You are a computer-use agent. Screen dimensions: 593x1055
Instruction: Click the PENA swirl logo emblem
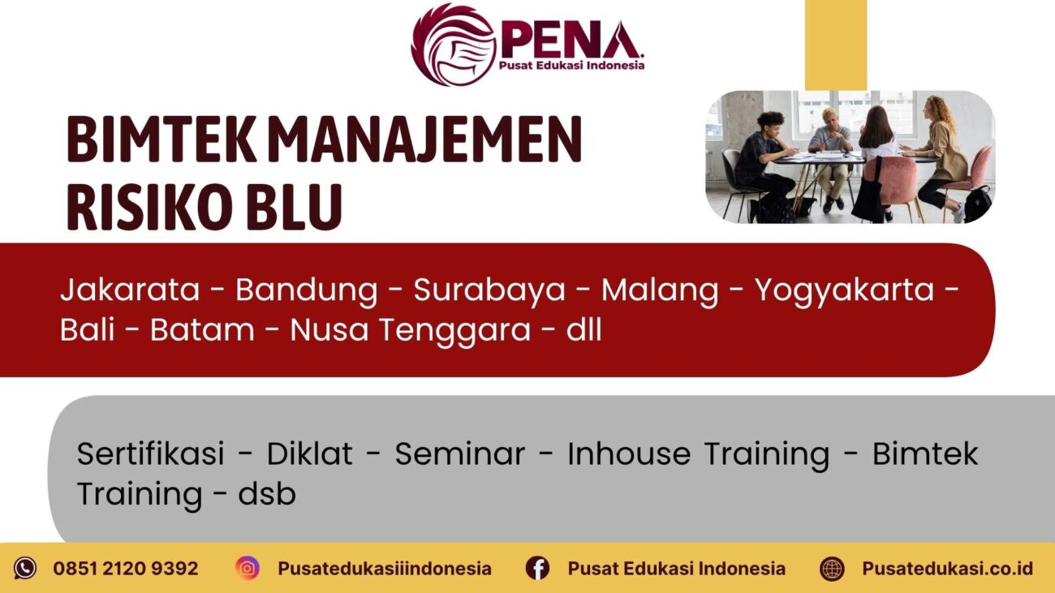pos(454,44)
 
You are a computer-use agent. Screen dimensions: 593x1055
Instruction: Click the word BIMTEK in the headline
pos(162,140)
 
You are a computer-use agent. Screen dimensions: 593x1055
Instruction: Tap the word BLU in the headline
pos(297,206)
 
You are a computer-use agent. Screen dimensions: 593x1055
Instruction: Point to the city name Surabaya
pos(489,290)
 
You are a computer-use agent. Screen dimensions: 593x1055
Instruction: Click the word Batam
pos(201,331)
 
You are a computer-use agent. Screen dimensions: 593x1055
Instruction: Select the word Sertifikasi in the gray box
pos(150,454)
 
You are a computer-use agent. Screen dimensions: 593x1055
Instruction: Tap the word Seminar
pos(459,454)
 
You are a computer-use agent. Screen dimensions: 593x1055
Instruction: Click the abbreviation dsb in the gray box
pos(267,494)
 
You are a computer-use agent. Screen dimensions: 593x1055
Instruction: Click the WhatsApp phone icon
pos(25,568)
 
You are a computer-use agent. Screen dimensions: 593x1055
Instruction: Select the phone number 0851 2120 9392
pos(126,569)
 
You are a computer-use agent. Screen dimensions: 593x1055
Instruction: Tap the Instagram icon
pos(248,568)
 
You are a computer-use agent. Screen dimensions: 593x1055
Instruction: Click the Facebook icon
pos(537,568)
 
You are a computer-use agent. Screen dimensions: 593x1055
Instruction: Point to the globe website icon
pos(832,568)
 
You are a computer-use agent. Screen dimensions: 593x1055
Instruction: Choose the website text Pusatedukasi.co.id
pos(947,569)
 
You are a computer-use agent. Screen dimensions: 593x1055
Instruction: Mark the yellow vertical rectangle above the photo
pos(835,44)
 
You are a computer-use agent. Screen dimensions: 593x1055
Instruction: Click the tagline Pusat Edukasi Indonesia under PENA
pos(571,66)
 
